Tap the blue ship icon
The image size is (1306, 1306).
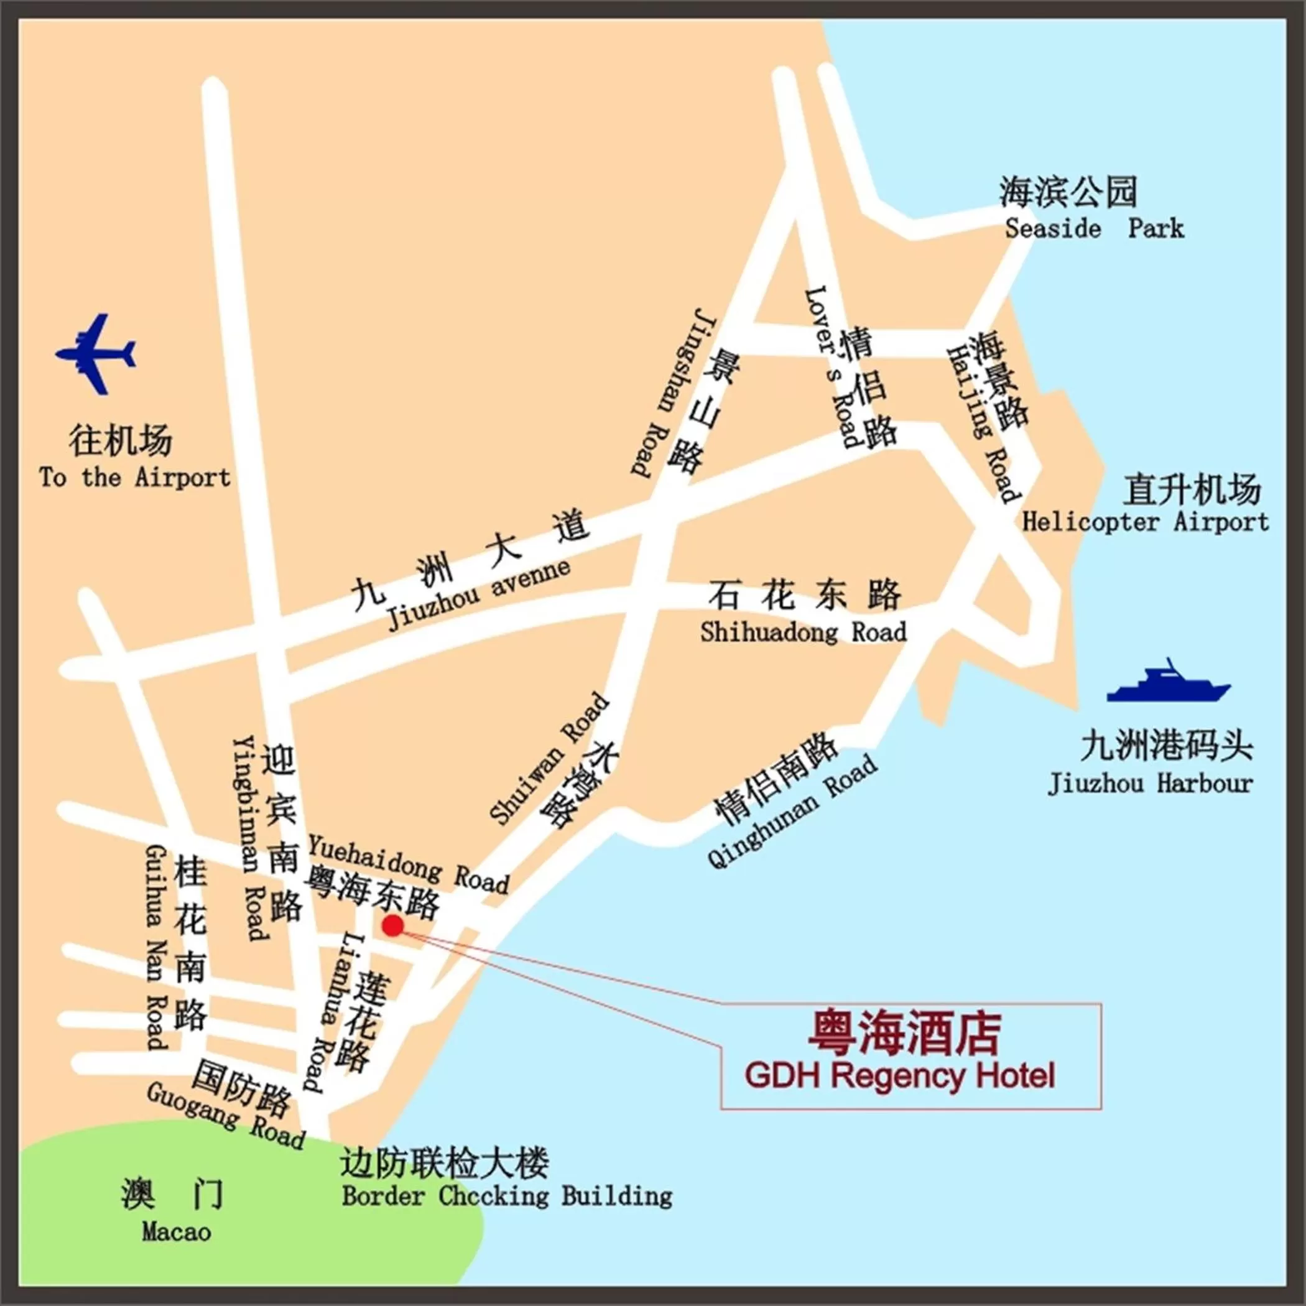point(1168,683)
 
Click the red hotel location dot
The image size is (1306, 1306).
point(393,925)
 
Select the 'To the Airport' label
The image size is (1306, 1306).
point(134,478)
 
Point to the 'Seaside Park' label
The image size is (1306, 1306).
point(1094,228)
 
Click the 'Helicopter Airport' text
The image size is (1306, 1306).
point(1145,522)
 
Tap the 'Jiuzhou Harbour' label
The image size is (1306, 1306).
point(1150,784)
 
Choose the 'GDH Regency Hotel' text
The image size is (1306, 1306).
point(900,1075)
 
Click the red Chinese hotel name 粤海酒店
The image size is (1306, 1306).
point(904,1032)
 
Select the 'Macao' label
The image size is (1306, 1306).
point(177,1231)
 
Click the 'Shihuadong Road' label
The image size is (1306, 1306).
point(803,632)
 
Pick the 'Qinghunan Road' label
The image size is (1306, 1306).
point(793,812)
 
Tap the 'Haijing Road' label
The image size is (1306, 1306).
point(983,425)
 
